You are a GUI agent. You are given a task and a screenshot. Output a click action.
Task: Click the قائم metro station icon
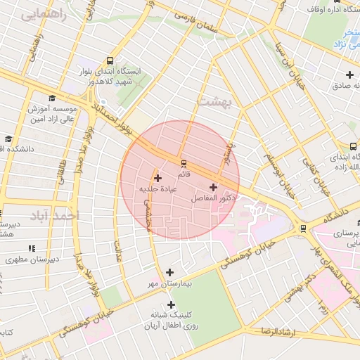coord(184,160)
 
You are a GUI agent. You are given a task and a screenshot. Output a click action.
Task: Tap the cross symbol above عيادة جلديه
coord(157,179)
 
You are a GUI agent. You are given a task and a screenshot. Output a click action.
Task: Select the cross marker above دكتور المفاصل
coord(213,187)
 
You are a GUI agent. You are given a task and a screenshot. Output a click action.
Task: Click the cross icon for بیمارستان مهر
coord(169,272)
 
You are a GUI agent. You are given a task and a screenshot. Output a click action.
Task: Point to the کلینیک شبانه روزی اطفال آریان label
coord(169,321)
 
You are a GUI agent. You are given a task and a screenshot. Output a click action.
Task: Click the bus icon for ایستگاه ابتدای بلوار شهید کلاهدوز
coord(109,61)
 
